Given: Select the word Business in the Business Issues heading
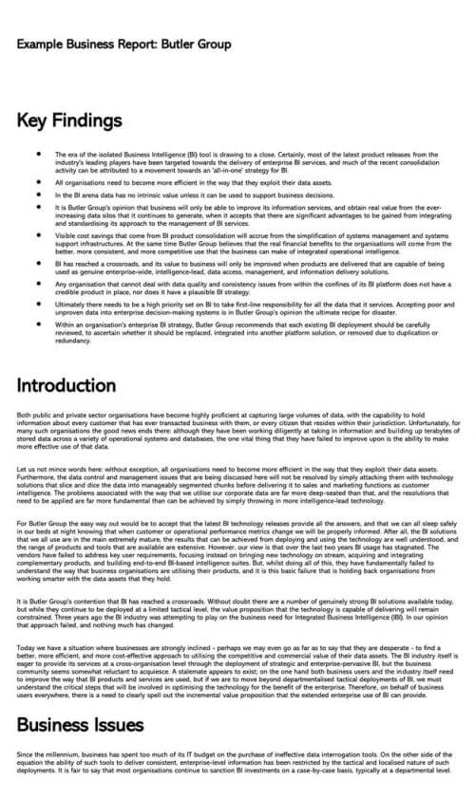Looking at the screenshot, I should [x=55, y=725].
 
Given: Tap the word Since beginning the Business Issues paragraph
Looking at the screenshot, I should [x=26, y=754].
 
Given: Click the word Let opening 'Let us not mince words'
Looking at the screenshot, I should [x=22, y=471].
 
